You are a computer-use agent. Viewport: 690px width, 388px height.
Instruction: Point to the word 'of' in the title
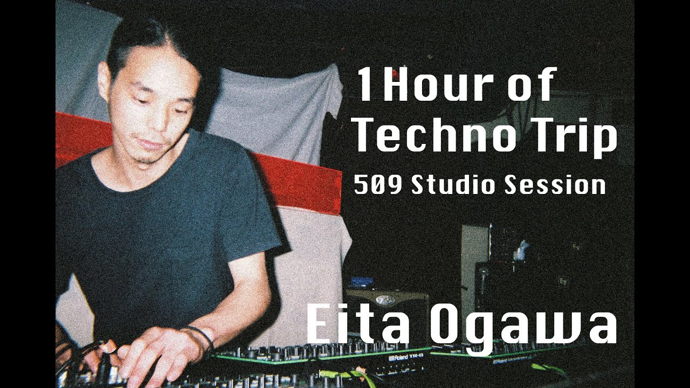(531, 86)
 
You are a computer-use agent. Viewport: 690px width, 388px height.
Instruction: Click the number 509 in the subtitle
(378, 185)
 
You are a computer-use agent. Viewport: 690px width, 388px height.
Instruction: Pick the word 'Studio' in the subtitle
(453, 185)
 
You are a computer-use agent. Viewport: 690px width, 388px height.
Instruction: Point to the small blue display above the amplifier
(362, 282)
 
